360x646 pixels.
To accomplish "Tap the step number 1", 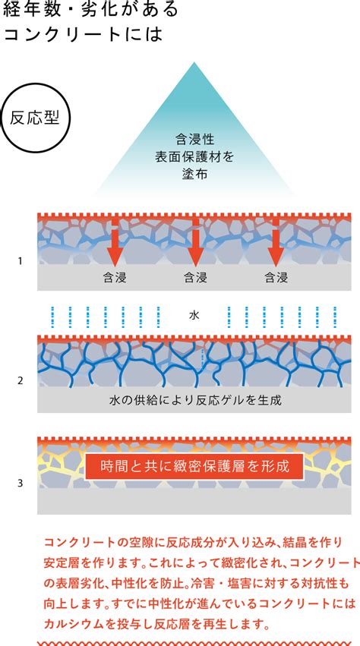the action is [x=21, y=261].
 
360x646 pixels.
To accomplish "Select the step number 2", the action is [x=21, y=380].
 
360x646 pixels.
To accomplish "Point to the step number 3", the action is [x=21, y=483].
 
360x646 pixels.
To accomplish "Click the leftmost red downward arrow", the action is [x=114, y=242].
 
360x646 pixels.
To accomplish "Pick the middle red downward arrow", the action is [x=195, y=242].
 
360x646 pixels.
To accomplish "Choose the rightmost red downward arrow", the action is [x=276, y=242].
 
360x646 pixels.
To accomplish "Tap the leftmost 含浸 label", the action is [x=115, y=278].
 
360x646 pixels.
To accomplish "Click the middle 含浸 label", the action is [x=195, y=278].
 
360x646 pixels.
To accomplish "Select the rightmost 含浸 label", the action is [x=276, y=278].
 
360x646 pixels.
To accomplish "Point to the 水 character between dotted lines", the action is [x=194, y=316].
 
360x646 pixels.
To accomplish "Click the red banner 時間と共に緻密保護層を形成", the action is [x=194, y=466].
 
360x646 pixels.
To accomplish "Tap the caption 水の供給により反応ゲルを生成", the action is [x=195, y=400].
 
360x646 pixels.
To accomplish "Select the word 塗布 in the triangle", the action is [x=194, y=174].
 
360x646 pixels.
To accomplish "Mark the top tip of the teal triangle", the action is [x=194, y=62].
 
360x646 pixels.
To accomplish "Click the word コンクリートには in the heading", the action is [x=82, y=35].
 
